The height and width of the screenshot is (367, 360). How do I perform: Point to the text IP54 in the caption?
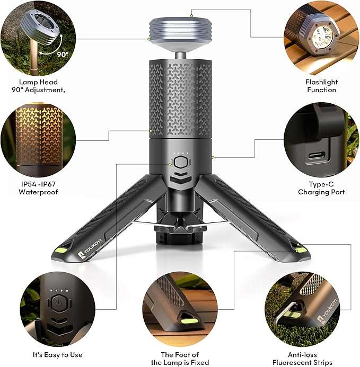[27, 184]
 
